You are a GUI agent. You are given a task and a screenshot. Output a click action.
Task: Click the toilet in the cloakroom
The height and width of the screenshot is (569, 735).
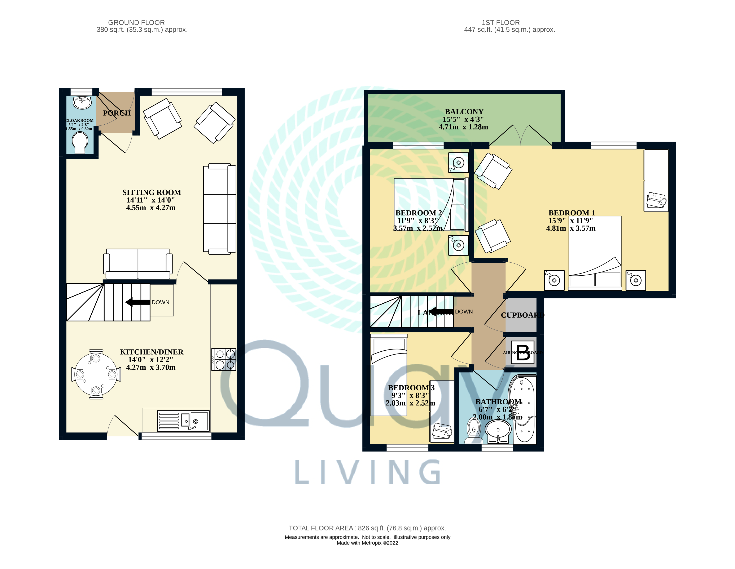tap(80, 142)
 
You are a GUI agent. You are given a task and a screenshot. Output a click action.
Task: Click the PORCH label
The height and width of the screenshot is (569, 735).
tap(117, 113)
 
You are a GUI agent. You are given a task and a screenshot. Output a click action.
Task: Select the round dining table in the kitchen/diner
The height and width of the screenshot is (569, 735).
tap(96, 374)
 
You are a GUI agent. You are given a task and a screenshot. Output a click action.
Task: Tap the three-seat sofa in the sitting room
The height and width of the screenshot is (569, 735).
tap(219, 209)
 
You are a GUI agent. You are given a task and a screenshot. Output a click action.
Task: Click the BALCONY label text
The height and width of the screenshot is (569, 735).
tap(464, 112)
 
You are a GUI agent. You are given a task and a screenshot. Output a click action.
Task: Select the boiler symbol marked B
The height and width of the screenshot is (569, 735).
tap(523, 352)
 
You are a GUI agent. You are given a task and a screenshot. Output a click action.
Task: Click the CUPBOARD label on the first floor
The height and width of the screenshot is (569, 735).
tap(522, 315)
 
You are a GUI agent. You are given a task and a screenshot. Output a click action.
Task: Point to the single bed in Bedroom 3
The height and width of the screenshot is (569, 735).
tap(389, 375)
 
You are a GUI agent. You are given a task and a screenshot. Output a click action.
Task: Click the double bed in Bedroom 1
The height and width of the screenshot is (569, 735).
tap(595, 252)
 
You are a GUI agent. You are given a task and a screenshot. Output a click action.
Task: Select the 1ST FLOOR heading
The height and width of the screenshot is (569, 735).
tap(500, 23)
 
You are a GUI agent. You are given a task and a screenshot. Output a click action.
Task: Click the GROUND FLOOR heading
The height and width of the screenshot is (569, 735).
tap(136, 23)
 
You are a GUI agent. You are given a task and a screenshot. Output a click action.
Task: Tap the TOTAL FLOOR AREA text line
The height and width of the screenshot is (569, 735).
tap(367, 528)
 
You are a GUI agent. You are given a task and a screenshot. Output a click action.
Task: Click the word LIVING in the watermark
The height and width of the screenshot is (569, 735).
tap(368, 472)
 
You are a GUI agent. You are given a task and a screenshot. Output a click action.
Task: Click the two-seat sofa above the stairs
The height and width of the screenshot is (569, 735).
tap(138, 263)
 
